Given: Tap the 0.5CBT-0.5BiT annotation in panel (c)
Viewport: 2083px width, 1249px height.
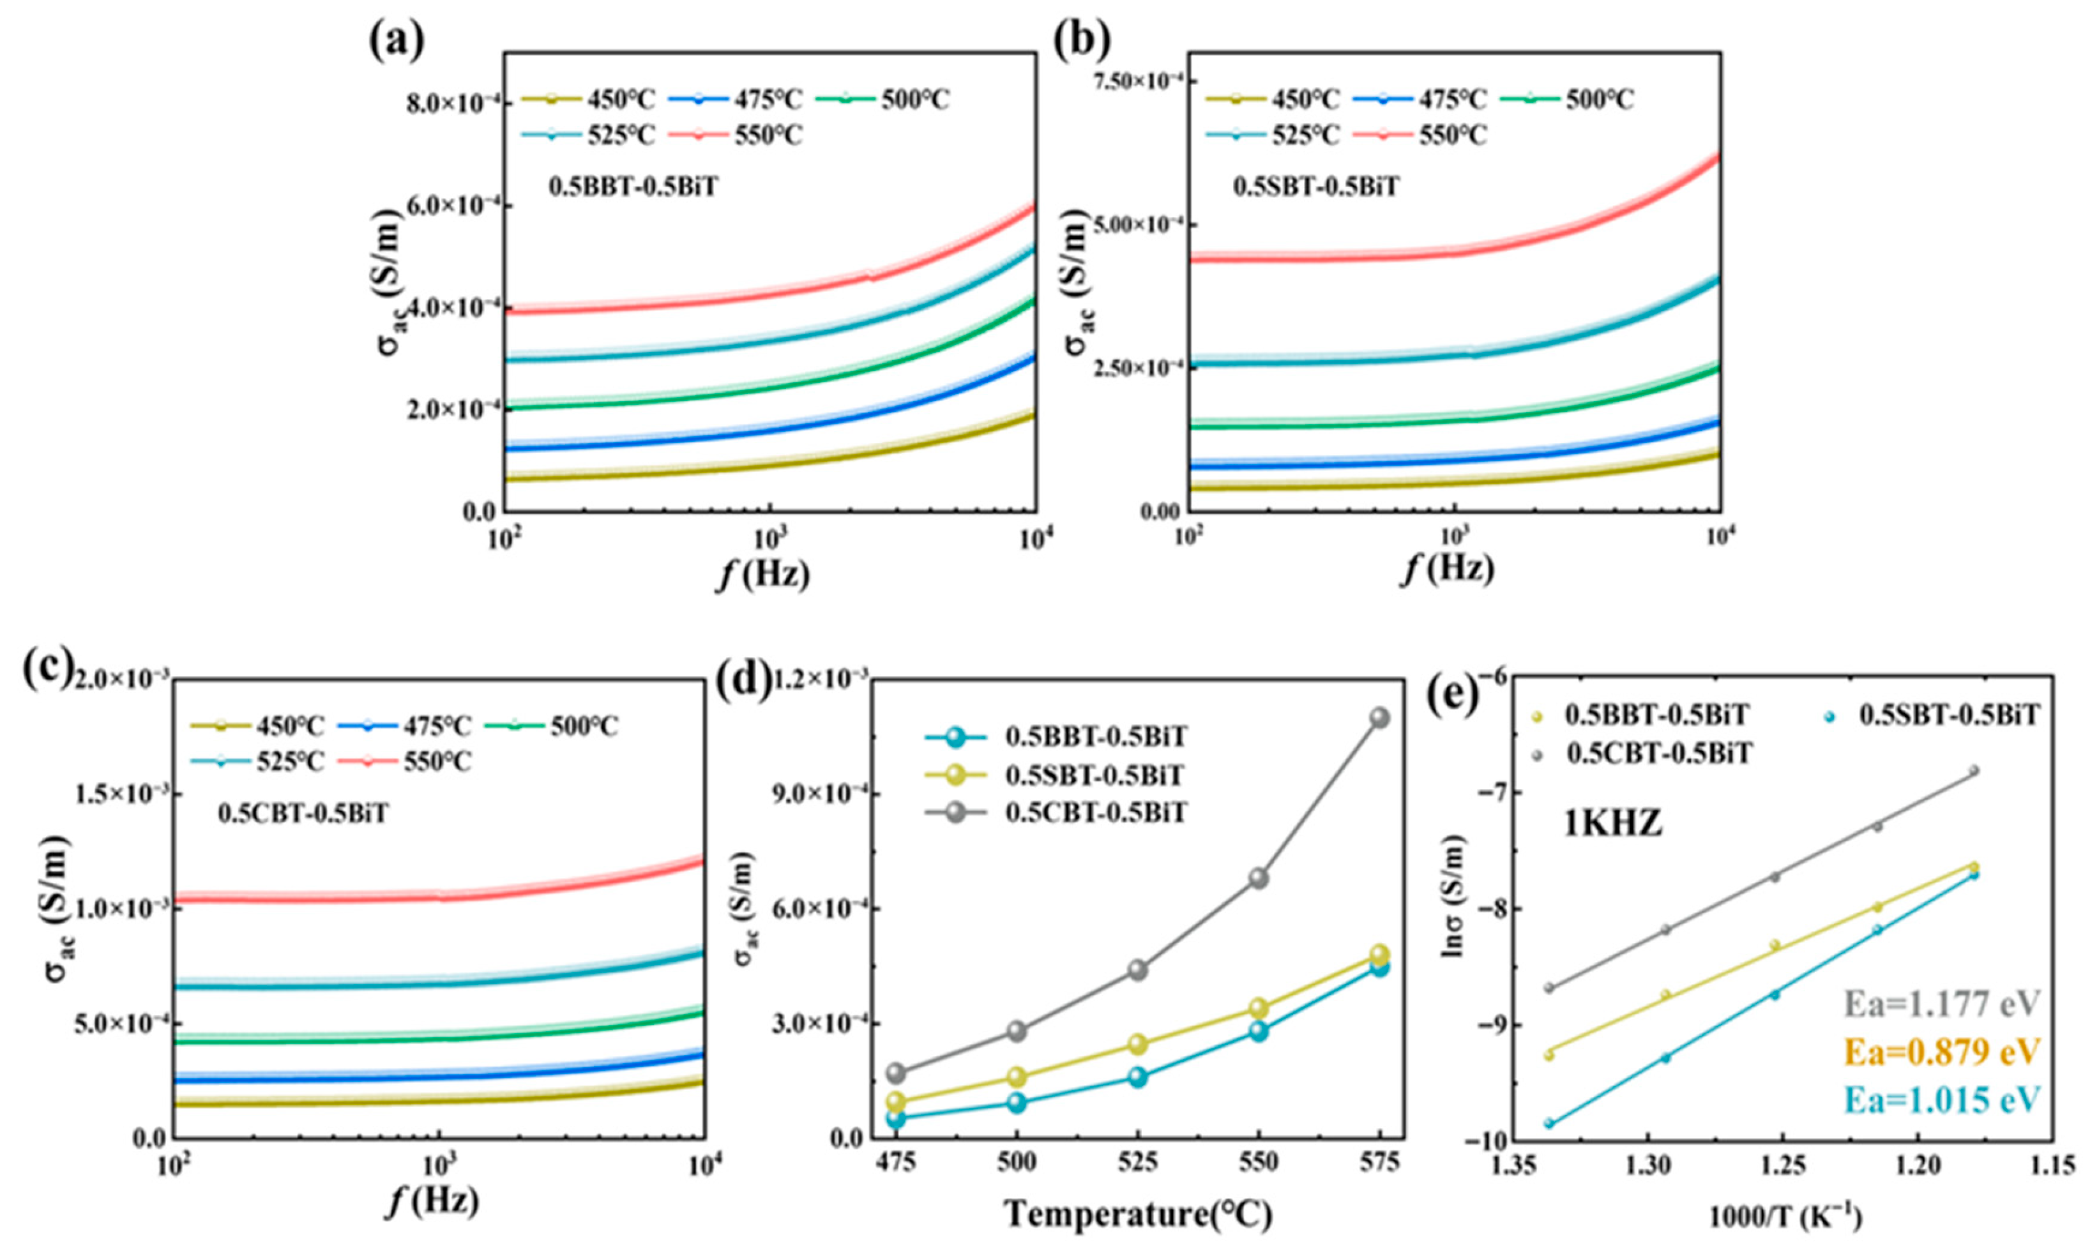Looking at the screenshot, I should [303, 814].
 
